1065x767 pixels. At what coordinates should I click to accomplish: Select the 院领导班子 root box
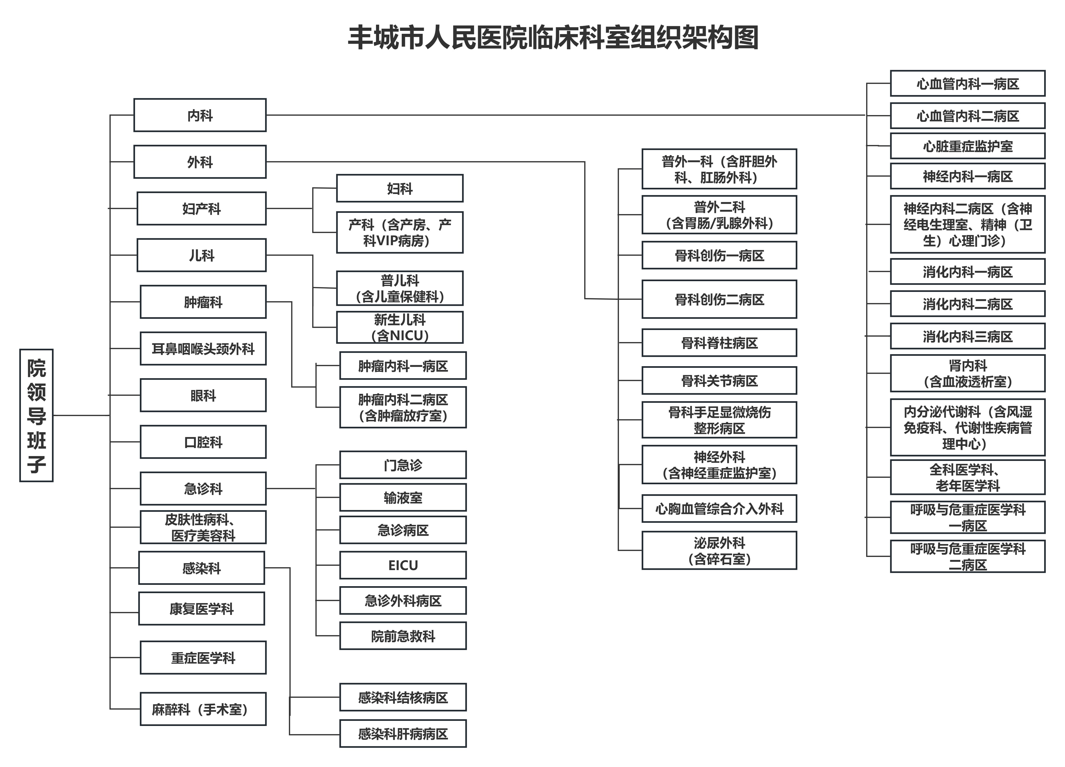(x=36, y=416)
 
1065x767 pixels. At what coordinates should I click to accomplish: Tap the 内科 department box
(x=200, y=115)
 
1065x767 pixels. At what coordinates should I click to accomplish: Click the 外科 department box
(x=200, y=162)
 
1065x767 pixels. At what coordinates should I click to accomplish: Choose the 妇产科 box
(x=202, y=208)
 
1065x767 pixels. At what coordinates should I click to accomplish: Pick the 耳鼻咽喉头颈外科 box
(x=203, y=348)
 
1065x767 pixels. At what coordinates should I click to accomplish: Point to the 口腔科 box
(x=203, y=442)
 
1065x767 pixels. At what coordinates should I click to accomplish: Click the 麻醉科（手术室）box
(x=203, y=709)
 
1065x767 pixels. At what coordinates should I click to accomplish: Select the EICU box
(x=403, y=565)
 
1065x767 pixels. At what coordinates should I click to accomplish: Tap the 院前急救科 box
(x=403, y=636)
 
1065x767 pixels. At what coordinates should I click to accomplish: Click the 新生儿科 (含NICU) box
(x=400, y=327)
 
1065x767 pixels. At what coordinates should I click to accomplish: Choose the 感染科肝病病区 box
(x=403, y=734)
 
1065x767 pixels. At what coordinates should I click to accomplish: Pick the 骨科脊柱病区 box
(x=719, y=343)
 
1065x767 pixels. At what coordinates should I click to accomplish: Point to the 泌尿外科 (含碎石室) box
(x=719, y=550)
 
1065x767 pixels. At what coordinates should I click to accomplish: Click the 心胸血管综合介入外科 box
(x=719, y=508)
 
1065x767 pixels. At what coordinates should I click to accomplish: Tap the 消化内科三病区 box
(x=968, y=336)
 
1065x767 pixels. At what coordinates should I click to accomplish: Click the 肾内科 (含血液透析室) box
(x=968, y=373)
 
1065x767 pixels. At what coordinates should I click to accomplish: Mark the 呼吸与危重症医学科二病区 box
(x=968, y=556)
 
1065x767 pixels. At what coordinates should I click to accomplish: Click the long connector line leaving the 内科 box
(x=566, y=115)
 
